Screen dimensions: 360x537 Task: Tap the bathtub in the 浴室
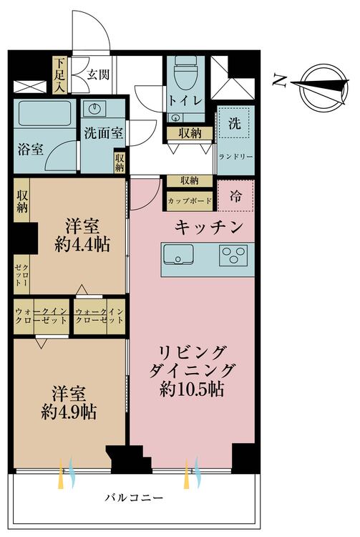45,113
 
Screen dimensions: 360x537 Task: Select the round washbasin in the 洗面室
94,109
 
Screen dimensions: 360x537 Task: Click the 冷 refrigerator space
235,195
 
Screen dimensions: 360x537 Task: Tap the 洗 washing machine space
235,123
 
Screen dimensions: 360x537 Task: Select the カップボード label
190,200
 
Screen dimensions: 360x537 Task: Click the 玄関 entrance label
98,74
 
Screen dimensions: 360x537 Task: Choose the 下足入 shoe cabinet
60,75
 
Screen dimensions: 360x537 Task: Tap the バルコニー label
134,497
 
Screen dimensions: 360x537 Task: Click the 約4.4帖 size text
82,245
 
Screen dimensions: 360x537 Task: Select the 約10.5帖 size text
192,389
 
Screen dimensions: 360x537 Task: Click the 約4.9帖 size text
69,412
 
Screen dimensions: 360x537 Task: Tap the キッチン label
209,227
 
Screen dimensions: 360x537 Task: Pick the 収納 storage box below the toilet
190,133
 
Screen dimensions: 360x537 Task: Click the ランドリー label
235,157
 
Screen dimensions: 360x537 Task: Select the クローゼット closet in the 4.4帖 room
21,274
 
